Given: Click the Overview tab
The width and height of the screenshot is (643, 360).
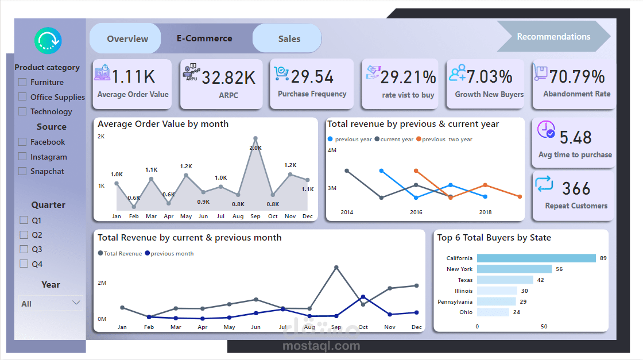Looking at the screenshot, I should coord(127,39).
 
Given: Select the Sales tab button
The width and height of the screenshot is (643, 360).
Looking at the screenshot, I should coord(289,39).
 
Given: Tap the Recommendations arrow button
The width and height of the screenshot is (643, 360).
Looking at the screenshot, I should coord(553,37).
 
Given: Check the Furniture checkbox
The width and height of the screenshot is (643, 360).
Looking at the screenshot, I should coord(23,82).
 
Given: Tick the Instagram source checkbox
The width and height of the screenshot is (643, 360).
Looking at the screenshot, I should coord(23,156).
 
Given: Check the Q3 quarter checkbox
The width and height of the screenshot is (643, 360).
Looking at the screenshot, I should coord(24,249).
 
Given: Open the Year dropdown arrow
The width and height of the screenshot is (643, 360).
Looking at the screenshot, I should coord(76,303).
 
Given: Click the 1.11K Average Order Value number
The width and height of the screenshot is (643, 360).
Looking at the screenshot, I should coord(133,76).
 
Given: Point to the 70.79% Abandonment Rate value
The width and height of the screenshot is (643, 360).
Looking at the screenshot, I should coord(576,76).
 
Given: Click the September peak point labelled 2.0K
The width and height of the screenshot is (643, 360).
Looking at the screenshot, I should coord(255,138).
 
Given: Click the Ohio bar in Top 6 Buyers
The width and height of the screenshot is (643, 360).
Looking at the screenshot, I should coord(493,312).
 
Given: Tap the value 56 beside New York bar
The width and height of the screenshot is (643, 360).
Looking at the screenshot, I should coord(559,269).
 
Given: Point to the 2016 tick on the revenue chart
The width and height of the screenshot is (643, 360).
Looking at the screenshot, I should coord(416,212).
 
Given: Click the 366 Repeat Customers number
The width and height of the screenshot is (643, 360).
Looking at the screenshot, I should coord(576,188).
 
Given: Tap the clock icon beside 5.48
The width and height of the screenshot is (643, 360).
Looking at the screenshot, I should coord(545,130).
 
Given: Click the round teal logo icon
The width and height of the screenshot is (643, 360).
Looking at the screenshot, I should coord(48,40).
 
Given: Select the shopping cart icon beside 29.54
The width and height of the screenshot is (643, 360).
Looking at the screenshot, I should coord(281,73).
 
